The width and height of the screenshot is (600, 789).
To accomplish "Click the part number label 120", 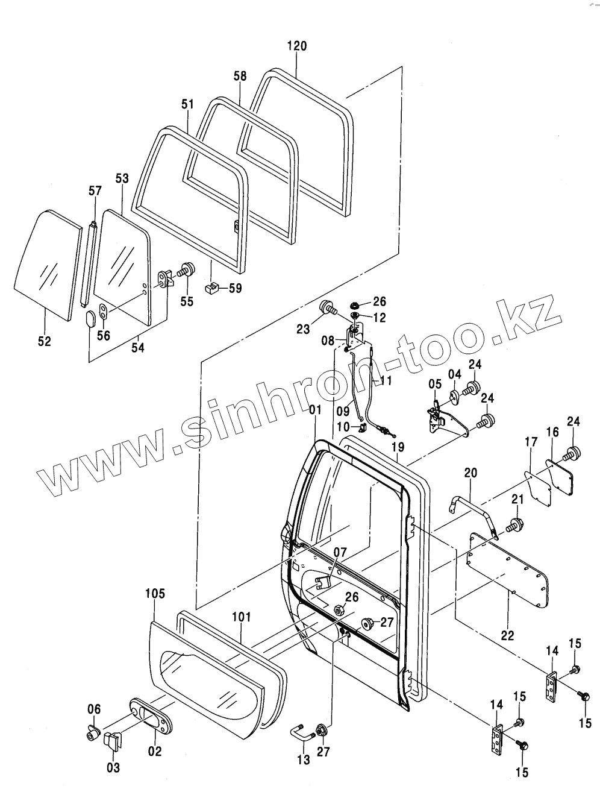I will click(297, 46).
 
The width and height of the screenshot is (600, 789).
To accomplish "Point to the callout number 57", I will click(95, 191).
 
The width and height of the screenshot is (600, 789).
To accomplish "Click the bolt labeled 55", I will click(187, 269).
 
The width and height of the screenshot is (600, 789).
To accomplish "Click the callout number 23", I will click(303, 329).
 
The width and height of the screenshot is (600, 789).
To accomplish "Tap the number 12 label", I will click(380, 317).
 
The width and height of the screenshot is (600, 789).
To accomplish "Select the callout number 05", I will click(435, 383).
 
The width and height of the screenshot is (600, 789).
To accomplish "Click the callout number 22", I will click(507, 635).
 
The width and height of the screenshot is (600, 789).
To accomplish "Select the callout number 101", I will click(241, 617).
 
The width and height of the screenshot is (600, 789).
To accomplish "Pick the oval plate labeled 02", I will click(149, 717).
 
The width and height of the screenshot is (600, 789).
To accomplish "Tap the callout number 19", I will click(397, 447).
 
